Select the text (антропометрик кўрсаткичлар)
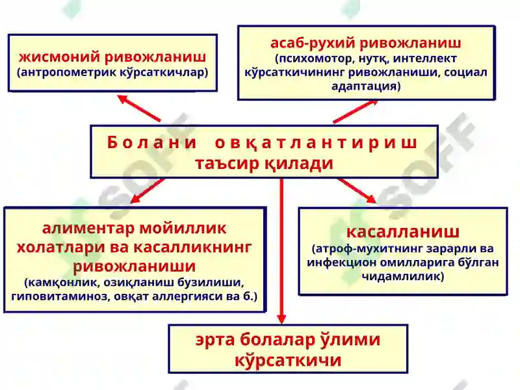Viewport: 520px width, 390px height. (x=112, y=72)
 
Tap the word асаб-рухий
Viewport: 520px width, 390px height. (x=313, y=43)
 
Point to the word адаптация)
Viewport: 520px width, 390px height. (x=366, y=86)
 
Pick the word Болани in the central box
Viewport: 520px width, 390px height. (x=152, y=142)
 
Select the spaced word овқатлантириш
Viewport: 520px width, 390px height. (x=316, y=143)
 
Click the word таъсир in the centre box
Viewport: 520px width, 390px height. (x=227, y=163)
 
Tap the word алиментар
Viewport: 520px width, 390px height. (x=88, y=229)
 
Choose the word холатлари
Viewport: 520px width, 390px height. (x=60, y=247)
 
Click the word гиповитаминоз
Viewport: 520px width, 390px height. (x=60, y=296)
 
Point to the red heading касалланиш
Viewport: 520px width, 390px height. (x=403, y=232)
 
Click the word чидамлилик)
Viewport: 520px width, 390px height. (x=403, y=276)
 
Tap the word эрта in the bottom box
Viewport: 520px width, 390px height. (x=215, y=340)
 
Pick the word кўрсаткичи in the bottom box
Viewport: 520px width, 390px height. (x=288, y=360)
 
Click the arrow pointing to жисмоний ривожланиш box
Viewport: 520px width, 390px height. (x=138, y=108)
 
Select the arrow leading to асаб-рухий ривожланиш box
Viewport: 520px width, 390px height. (x=355, y=112)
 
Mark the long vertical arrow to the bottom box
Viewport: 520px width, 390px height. (x=281, y=251)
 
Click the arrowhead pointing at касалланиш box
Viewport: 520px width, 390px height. (x=370, y=198)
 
